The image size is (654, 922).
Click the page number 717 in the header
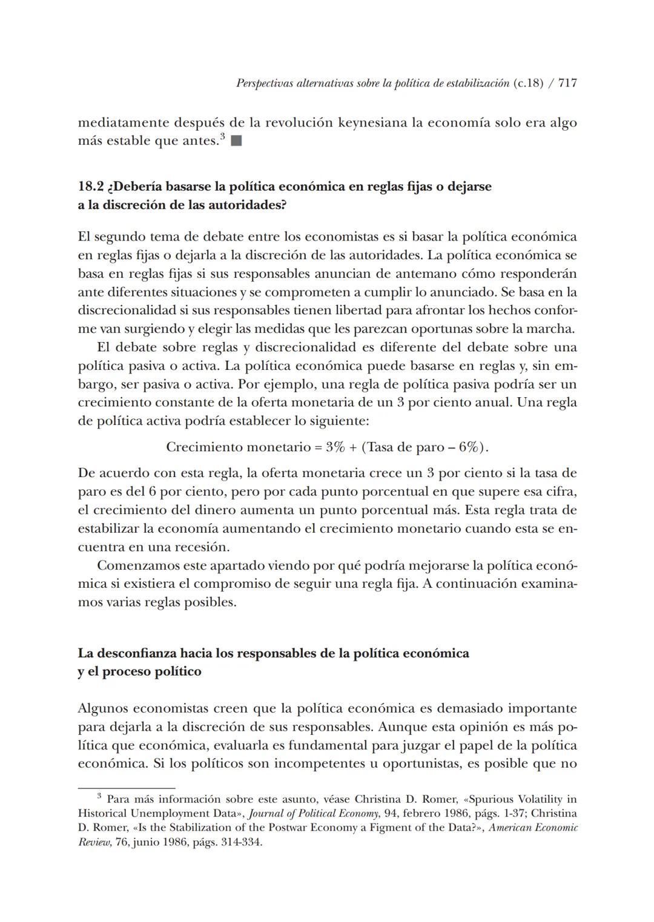click(x=567, y=84)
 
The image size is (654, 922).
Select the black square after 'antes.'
click(x=237, y=142)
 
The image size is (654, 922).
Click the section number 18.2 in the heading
click(x=90, y=186)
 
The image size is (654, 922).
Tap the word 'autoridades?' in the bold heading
click(x=248, y=205)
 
